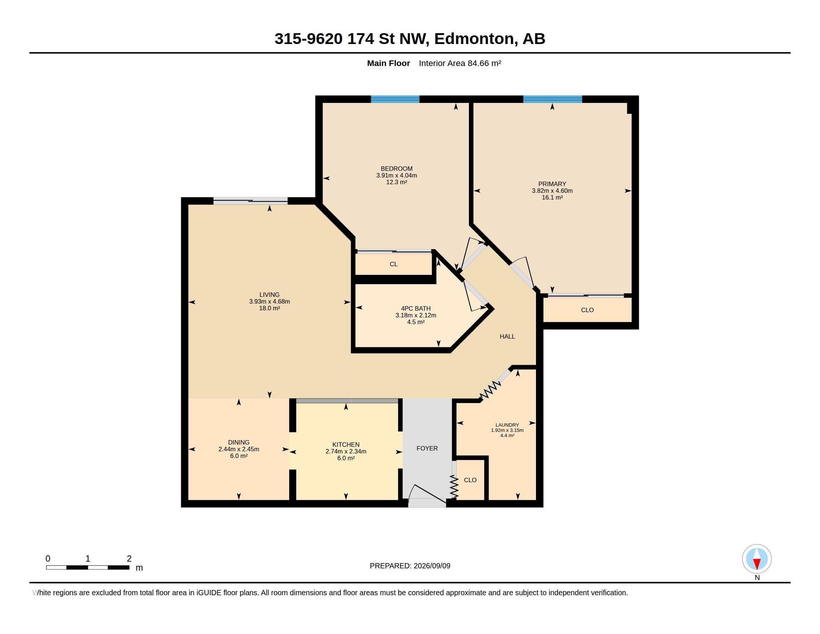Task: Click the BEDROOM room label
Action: pos(397,169)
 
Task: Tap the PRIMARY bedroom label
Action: pos(552,184)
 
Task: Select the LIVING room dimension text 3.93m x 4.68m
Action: pos(269,302)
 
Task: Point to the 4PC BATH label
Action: pos(416,309)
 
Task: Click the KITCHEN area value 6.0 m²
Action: pos(346,458)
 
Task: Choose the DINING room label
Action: pos(239,442)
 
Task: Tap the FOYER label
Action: pos(427,448)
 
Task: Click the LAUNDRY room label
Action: pos(507,425)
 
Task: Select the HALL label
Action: pos(507,336)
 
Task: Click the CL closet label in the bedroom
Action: pos(394,264)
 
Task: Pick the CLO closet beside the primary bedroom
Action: pos(587,310)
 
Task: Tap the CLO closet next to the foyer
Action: pos(470,480)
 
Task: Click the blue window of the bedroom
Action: pos(395,100)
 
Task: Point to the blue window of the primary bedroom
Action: pos(553,100)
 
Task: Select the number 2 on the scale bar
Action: pos(129,559)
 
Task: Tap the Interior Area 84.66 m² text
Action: pos(460,63)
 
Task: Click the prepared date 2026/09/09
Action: pos(432,566)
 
